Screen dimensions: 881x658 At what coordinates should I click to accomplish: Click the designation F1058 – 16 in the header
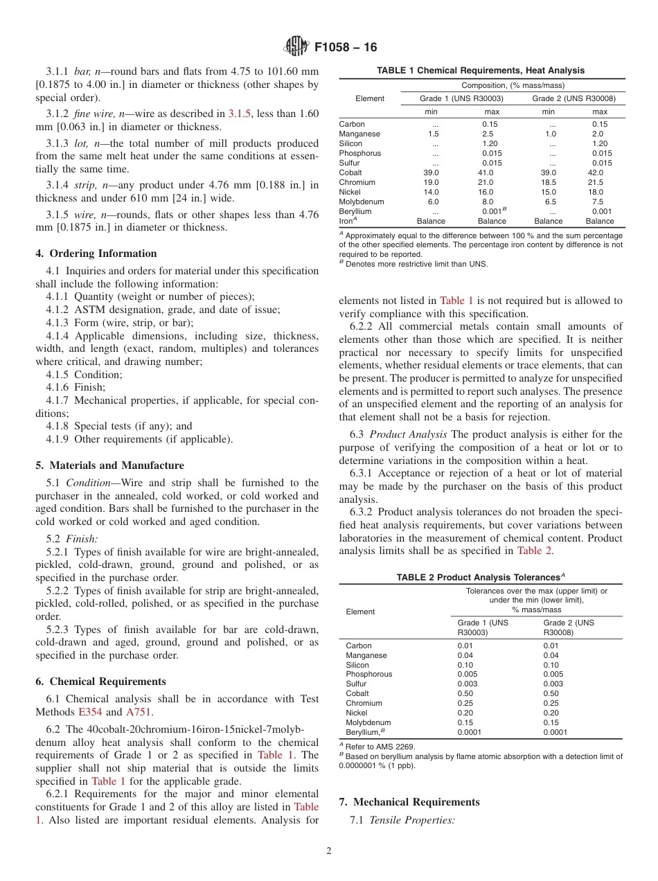(346, 48)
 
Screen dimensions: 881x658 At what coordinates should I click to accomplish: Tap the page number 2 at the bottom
(329, 851)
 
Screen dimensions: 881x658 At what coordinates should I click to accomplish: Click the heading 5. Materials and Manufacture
(109, 465)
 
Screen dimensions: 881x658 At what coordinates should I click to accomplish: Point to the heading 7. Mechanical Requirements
(409, 802)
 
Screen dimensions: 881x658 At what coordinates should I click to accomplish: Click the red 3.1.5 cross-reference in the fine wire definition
(240, 114)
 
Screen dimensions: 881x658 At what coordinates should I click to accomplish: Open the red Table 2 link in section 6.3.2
(535, 551)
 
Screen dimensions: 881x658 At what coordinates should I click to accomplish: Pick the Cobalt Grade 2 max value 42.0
(595, 172)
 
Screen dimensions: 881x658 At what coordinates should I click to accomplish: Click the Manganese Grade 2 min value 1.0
(550, 134)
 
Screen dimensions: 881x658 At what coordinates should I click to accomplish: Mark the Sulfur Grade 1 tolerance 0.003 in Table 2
(467, 684)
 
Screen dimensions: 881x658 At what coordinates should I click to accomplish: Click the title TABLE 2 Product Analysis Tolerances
(480, 578)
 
